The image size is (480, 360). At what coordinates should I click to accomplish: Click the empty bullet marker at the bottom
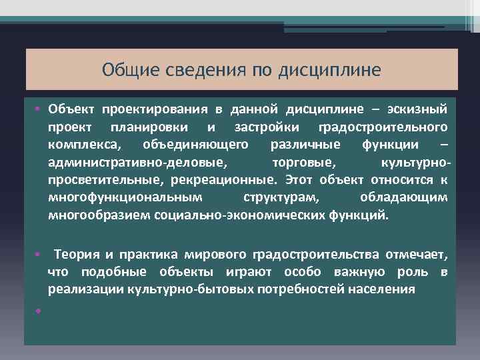(39, 310)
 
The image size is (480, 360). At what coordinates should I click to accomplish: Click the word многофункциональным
(124, 198)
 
